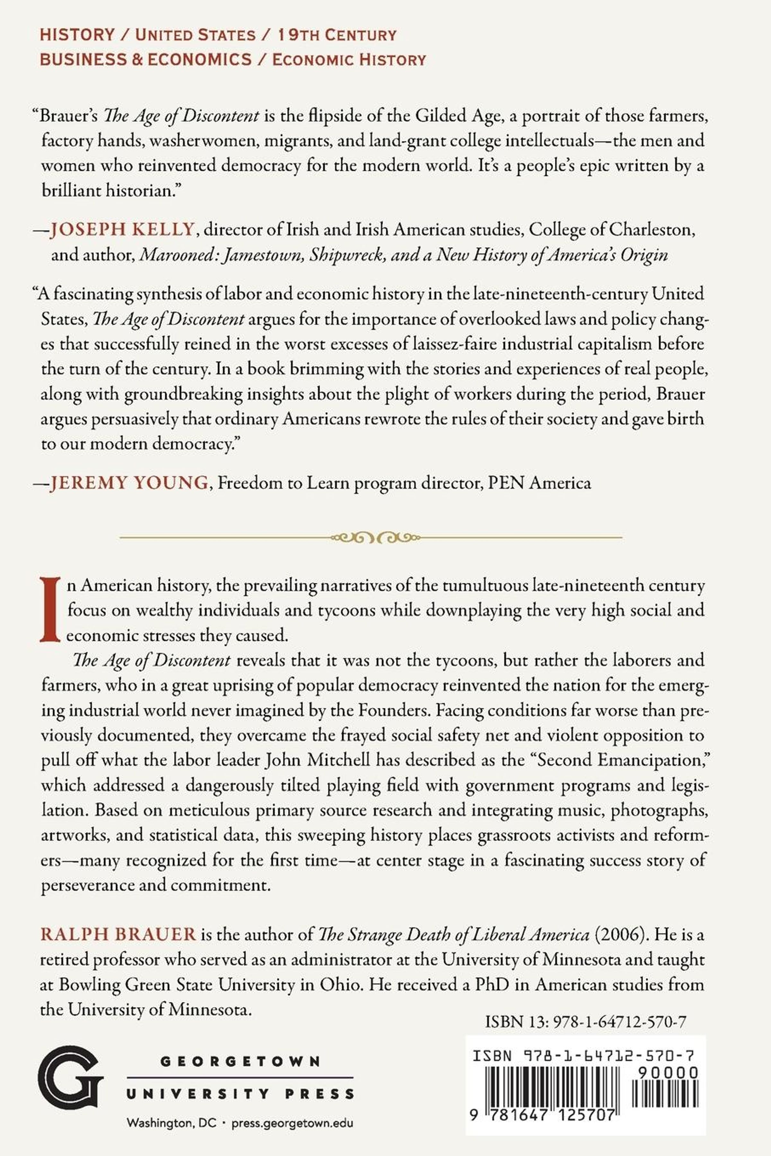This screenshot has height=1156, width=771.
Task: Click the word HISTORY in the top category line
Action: (x=77, y=35)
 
